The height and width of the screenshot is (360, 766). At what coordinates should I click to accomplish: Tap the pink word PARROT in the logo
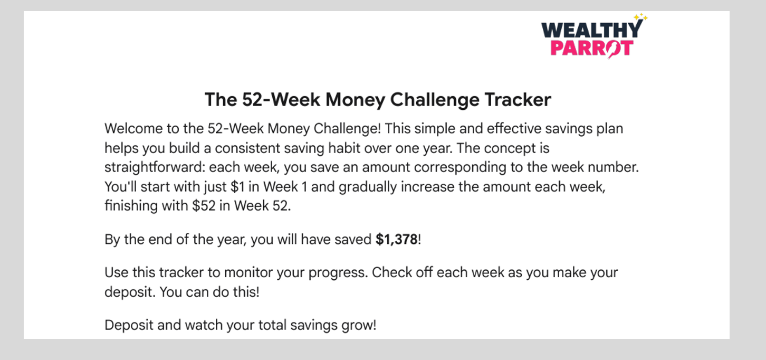coord(592,48)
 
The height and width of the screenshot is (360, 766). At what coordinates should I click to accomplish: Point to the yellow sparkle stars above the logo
coord(640,17)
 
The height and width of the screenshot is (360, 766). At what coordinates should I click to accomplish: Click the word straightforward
coord(155,167)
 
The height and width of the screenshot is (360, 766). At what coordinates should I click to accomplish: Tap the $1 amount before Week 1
coord(237,187)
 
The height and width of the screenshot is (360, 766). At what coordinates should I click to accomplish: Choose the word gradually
coord(368,187)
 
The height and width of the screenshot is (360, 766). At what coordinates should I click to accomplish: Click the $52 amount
coord(204,206)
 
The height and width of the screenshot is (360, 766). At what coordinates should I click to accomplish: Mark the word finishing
coord(131,206)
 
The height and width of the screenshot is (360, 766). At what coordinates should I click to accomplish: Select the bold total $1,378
coord(397,240)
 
